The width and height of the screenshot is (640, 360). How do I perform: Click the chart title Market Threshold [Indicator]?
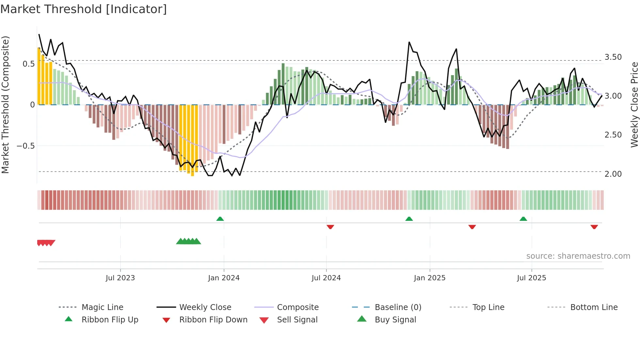coord(84,9)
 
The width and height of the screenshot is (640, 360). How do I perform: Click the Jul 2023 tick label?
coord(120,278)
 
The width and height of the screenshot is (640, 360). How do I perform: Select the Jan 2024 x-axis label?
coord(224,278)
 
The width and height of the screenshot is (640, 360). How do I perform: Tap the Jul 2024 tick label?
coord(326,278)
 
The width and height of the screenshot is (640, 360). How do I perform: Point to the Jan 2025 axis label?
coord(429,278)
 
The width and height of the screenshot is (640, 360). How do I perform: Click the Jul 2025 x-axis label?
coord(531,278)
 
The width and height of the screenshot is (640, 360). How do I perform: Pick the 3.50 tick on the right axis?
coord(613,57)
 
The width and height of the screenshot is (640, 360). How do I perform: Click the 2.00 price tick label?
coord(613,174)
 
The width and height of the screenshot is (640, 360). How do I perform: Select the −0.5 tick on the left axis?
coord(25,146)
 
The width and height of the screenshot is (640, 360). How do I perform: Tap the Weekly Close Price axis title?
coord(634,105)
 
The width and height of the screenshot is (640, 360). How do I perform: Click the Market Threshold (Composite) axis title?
coord(5,105)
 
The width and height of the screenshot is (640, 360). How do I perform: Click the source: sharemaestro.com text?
coord(578,256)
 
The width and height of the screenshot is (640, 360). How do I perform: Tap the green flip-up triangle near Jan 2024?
coord(220,219)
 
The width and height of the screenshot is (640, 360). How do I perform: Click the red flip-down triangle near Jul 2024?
coord(330,227)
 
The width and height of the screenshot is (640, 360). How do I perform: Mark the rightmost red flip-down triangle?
coord(594,227)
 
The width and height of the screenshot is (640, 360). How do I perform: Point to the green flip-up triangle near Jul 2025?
coord(523,219)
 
